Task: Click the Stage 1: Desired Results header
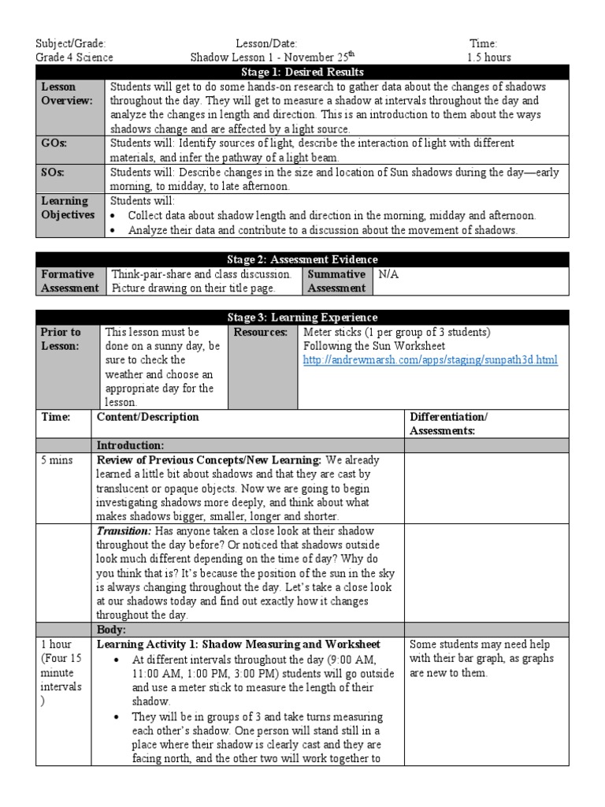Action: pos(302,72)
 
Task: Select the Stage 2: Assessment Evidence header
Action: pos(302,259)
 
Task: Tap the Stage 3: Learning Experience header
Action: pos(302,317)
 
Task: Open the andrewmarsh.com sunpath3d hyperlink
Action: pos(430,360)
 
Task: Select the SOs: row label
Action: pos(54,172)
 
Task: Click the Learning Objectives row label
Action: pos(68,208)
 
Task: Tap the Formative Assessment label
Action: pos(69,281)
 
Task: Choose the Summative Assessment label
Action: pos(336,281)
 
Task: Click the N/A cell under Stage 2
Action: pos(389,274)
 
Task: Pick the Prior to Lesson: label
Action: pos(61,339)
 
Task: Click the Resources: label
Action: pos(259,332)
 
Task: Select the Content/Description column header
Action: pos(147,417)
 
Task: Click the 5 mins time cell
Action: pos(56,459)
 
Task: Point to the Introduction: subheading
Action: pos(130,445)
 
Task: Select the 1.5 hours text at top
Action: pos(488,58)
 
